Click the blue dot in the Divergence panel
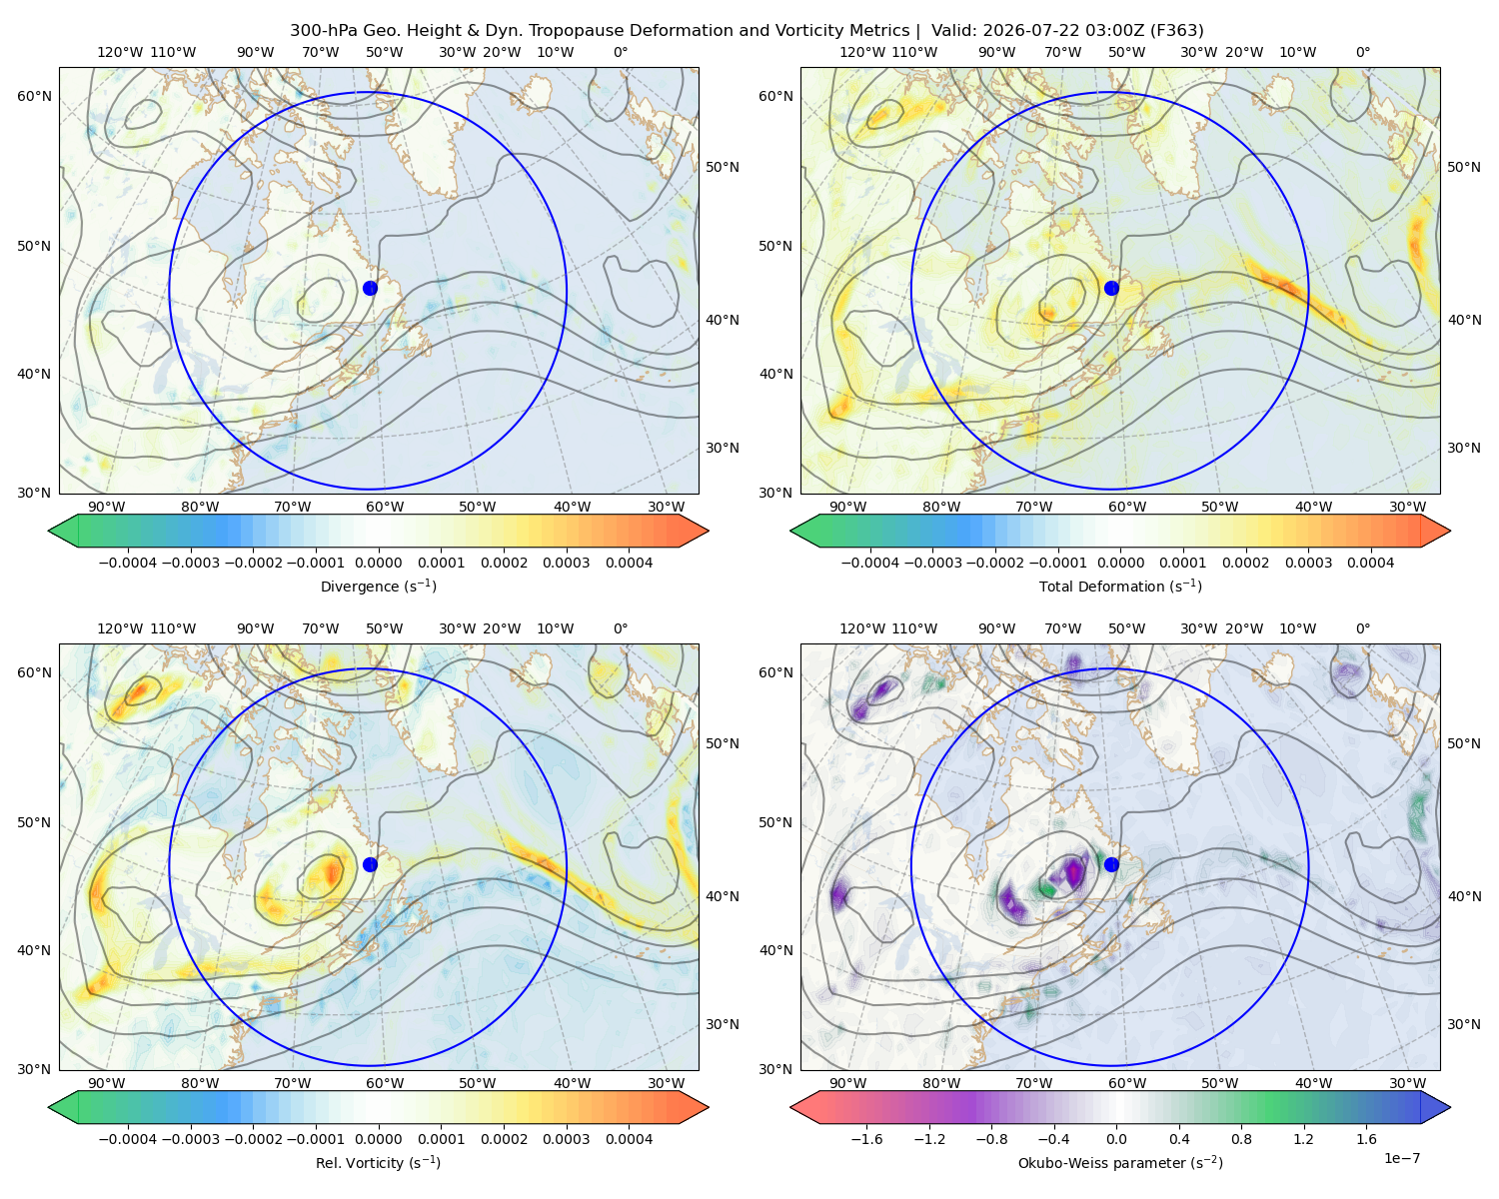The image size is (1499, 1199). point(370,288)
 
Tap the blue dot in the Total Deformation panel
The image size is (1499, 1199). point(1111,288)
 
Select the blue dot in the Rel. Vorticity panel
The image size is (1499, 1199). point(370,864)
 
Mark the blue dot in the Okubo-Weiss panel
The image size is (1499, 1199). point(1111,864)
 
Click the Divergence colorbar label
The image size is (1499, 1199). point(378,586)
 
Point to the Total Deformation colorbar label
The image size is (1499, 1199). point(1120,586)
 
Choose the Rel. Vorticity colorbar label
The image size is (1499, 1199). point(378,1163)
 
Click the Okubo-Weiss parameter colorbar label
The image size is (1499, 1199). point(1120,1163)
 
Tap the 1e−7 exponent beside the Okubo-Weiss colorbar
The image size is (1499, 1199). point(1401,1158)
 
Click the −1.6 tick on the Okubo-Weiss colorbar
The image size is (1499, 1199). point(866,1139)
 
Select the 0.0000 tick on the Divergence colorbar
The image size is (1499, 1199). point(378,563)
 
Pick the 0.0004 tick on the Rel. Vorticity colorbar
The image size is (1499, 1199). point(629,1139)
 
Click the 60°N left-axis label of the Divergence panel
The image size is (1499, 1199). point(34,96)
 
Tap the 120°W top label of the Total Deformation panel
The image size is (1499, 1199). point(862,52)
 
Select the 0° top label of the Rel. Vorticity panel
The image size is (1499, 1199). point(621,629)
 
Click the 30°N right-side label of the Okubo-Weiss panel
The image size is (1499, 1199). point(1464,1025)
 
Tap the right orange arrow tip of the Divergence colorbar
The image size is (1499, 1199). point(708,531)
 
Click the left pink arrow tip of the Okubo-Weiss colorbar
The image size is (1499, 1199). point(791,1108)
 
